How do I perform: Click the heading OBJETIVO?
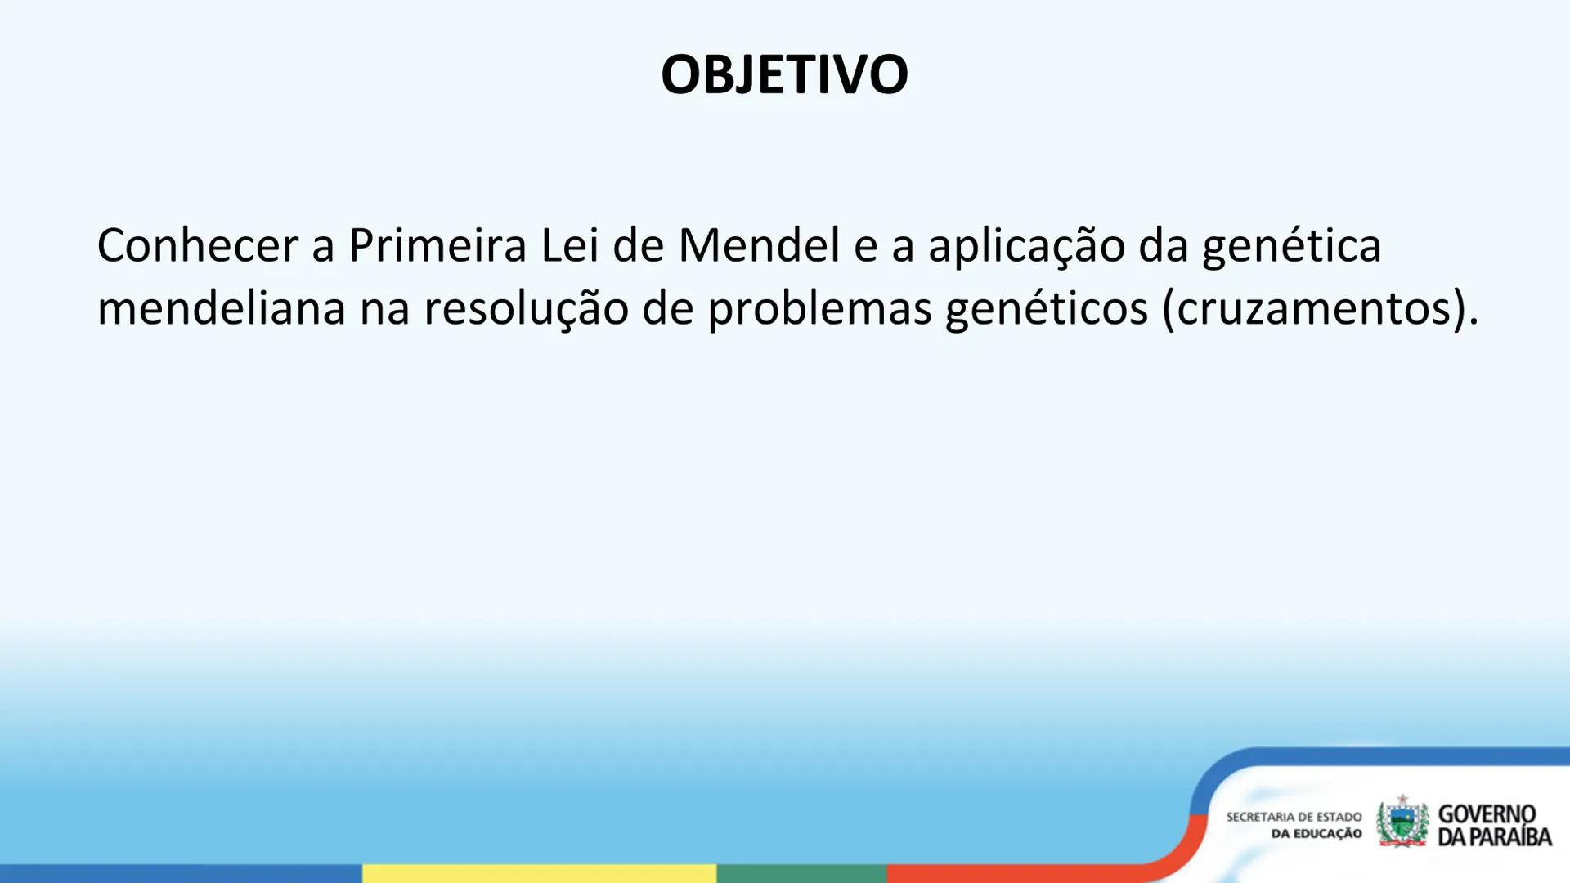(784, 74)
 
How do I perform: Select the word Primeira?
(437, 244)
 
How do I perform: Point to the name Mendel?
(759, 244)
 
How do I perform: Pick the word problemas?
(819, 308)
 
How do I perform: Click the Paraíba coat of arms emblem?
(1402, 822)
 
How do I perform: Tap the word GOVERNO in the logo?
(1487, 814)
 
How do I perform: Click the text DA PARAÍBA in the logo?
(1494, 837)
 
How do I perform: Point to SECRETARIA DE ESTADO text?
(1294, 817)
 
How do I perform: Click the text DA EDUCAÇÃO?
(1316, 834)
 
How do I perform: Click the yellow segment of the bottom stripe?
(539, 873)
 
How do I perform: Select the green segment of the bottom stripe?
(801, 873)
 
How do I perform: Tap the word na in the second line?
(384, 308)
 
